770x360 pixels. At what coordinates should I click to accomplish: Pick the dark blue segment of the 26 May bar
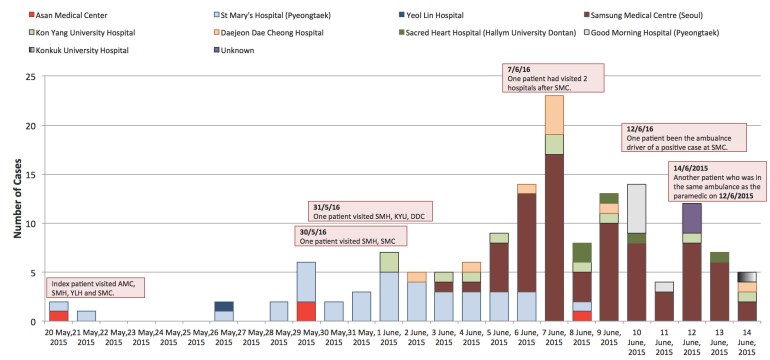point(225,306)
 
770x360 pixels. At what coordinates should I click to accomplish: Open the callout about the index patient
point(94,287)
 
